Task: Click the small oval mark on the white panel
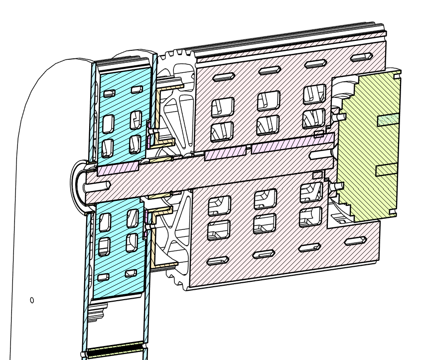(32, 300)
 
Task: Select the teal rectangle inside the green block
(388, 120)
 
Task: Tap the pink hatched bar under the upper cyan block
(118, 169)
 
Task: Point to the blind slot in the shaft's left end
(98, 186)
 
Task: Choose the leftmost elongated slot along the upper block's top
(224, 77)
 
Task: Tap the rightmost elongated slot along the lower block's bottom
(355, 241)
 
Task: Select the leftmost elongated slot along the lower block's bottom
(218, 261)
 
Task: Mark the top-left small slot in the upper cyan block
(109, 93)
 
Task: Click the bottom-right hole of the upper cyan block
(135, 144)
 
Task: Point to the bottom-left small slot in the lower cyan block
(104, 277)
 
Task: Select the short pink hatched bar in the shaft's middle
(225, 154)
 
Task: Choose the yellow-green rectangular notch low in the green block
(387, 170)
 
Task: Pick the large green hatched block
(369, 145)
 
